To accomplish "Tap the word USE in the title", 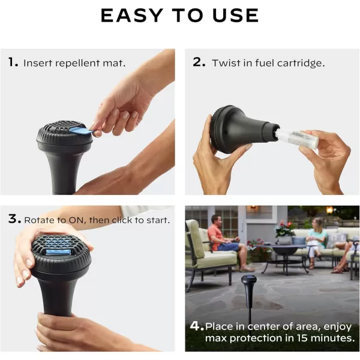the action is (236, 16).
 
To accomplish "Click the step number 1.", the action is (13, 62).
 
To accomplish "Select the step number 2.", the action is (199, 62).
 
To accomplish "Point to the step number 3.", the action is (14, 218).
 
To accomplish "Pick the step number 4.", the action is (197, 326).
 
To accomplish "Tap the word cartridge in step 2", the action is (301, 64).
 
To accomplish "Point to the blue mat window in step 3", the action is (58, 252).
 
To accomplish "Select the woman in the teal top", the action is (317, 241).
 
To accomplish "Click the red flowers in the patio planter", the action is (284, 226).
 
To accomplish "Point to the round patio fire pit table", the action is (284, 255).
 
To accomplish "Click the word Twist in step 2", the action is (227, 63).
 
